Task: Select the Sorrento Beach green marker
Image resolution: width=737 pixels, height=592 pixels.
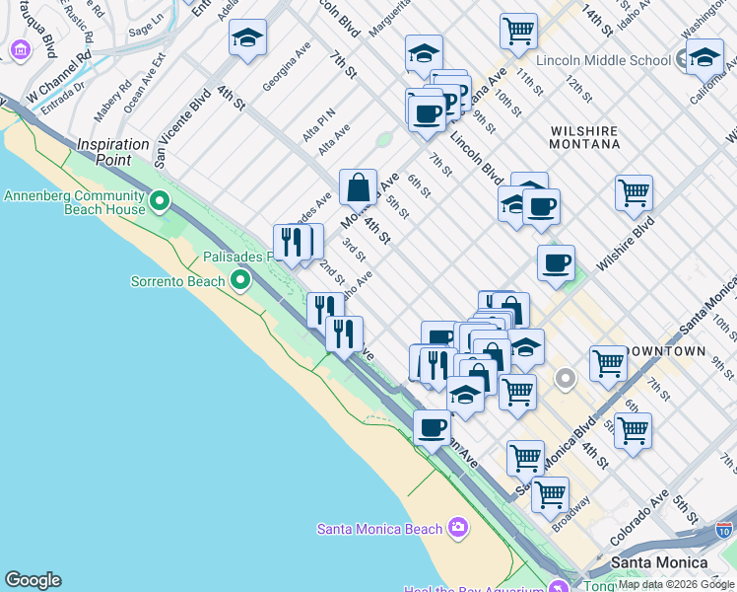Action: click(240, 281)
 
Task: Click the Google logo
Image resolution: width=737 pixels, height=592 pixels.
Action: click(33, 580)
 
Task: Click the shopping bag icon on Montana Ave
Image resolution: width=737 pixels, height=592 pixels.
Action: click(359, 185)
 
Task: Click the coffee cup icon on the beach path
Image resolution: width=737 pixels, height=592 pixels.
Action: click(432, 427)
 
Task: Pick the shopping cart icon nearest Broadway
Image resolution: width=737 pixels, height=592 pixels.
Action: click(550, 492)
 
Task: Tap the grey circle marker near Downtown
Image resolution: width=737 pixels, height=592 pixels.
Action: click(566, 378)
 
